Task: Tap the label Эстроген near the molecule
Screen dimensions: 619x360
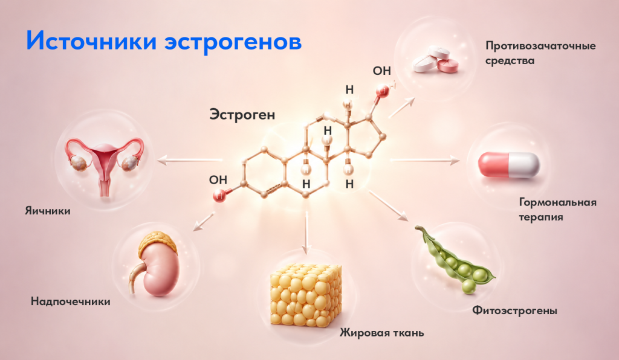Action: click(242, 115)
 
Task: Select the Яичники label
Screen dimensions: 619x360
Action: click(48, 211)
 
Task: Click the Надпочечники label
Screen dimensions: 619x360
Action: click(70, 301)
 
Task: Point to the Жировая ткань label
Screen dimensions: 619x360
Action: click(382, 333)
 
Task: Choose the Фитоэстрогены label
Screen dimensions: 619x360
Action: click(515, 310)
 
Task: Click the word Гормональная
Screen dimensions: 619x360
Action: click(557, 203)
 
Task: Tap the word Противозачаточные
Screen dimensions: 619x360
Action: click(540, 46)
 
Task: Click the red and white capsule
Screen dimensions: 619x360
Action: click(509, 165)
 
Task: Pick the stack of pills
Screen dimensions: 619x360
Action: click(435, 60)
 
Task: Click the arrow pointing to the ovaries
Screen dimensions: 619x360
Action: click(189, 160)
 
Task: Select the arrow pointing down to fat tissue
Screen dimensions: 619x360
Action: click(306, 233)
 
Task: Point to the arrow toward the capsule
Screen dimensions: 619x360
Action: click(425, 160)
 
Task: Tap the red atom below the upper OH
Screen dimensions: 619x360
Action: click(382, 91)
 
